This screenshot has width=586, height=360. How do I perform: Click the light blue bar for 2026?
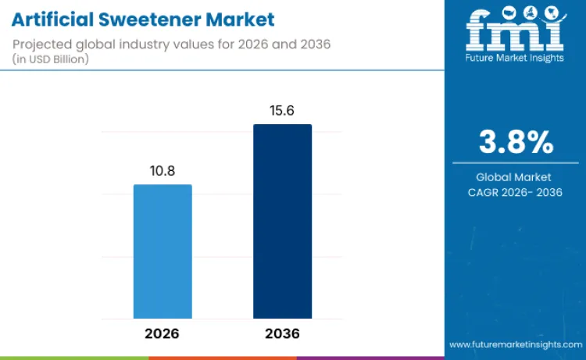(x=163, y=251)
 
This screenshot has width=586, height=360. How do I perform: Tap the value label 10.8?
(x=163, y=171)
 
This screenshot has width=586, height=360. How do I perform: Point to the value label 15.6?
(x=282, y=111)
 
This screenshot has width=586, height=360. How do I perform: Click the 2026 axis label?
(x=162, y=333)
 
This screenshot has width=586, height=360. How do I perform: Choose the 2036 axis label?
(x=282, y=333)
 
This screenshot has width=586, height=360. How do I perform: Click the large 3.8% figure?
(x=515, y=143)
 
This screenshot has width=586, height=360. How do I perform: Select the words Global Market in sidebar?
(x=515, y=177)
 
